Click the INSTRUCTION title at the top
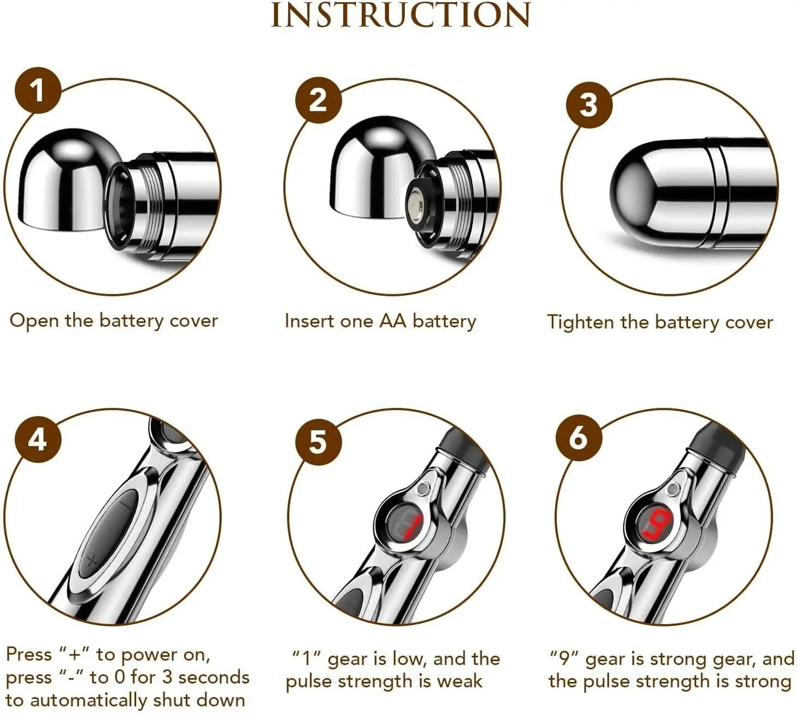pos(401,15)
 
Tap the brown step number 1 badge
pos(38,90)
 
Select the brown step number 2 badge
pos(318,100)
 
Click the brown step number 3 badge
pos(589,104)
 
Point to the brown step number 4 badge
pos(38,440)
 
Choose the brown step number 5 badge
pos(318,442)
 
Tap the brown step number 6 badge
pos(578,438)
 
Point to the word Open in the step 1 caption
pos(34,321)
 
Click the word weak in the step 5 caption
pos(459,681)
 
